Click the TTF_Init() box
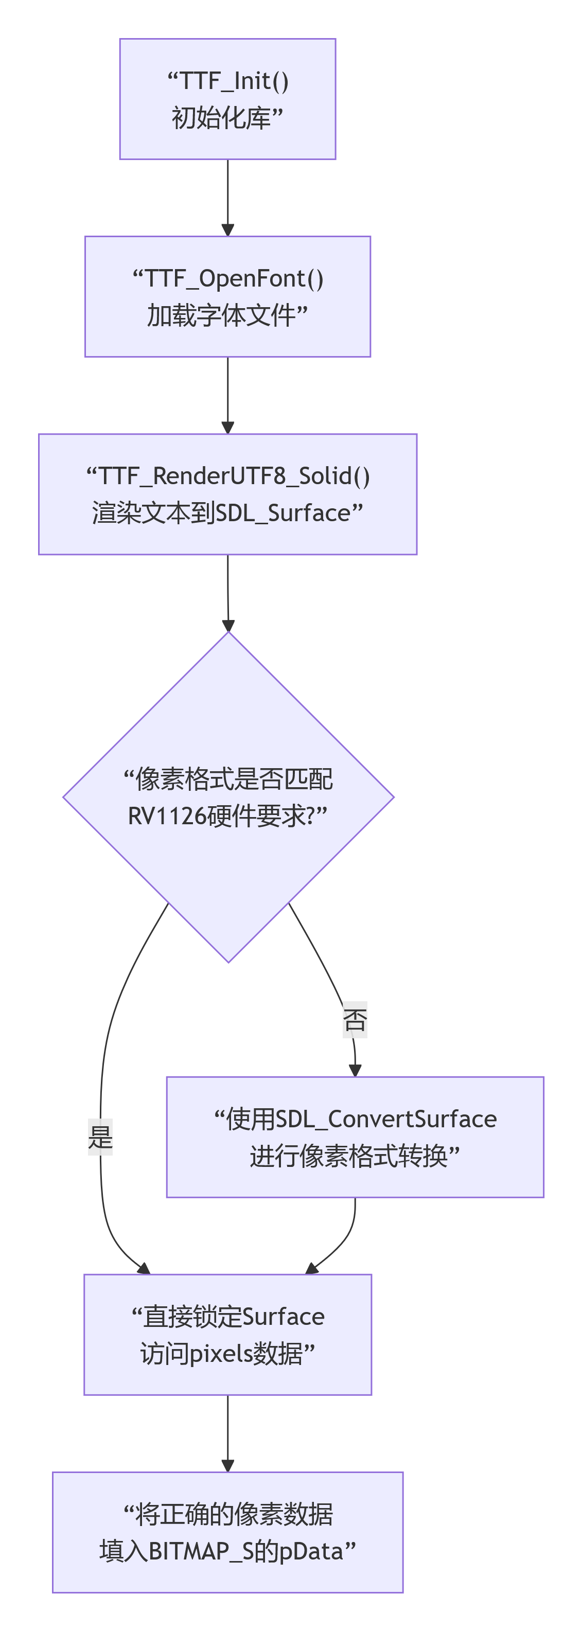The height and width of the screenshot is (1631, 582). pyautogui.click(x=227, y=99)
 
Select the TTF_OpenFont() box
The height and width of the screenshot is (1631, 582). pyautogui.click(x=227, y=296)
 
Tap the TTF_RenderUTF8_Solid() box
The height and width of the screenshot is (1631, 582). pyautogui.click(x=227, y=494)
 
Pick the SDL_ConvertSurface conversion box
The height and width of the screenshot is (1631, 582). pyautogui.click(x=355, y=1137)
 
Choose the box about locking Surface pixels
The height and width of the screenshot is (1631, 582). pyautogui.click(x=227, y=1334)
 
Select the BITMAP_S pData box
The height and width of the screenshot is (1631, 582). pyautogui.click(x=227, y=1532)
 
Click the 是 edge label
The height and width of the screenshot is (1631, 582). pyautogui.click(x=100, y=1137)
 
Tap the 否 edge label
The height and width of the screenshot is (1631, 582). pyautogui.click(x=355, y=1019)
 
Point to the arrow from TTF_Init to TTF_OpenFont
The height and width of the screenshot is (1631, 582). pyautogui.click(x=227, y=198)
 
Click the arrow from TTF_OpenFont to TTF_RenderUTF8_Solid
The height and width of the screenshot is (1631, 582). pyautogui.click(x=227, y=395)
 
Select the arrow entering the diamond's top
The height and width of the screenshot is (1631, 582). pyautogui.click(x=228, y=593)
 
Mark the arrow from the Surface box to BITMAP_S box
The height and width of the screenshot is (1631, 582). pyautogui.click(x=227, y=1433)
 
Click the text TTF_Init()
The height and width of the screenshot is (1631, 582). pyautogui.click(x=234, y=81)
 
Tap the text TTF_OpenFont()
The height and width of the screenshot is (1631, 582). pyautogui.click(x=234, y=278)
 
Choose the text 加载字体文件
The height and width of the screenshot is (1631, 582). pyautogui.click(x=221, y=315)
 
